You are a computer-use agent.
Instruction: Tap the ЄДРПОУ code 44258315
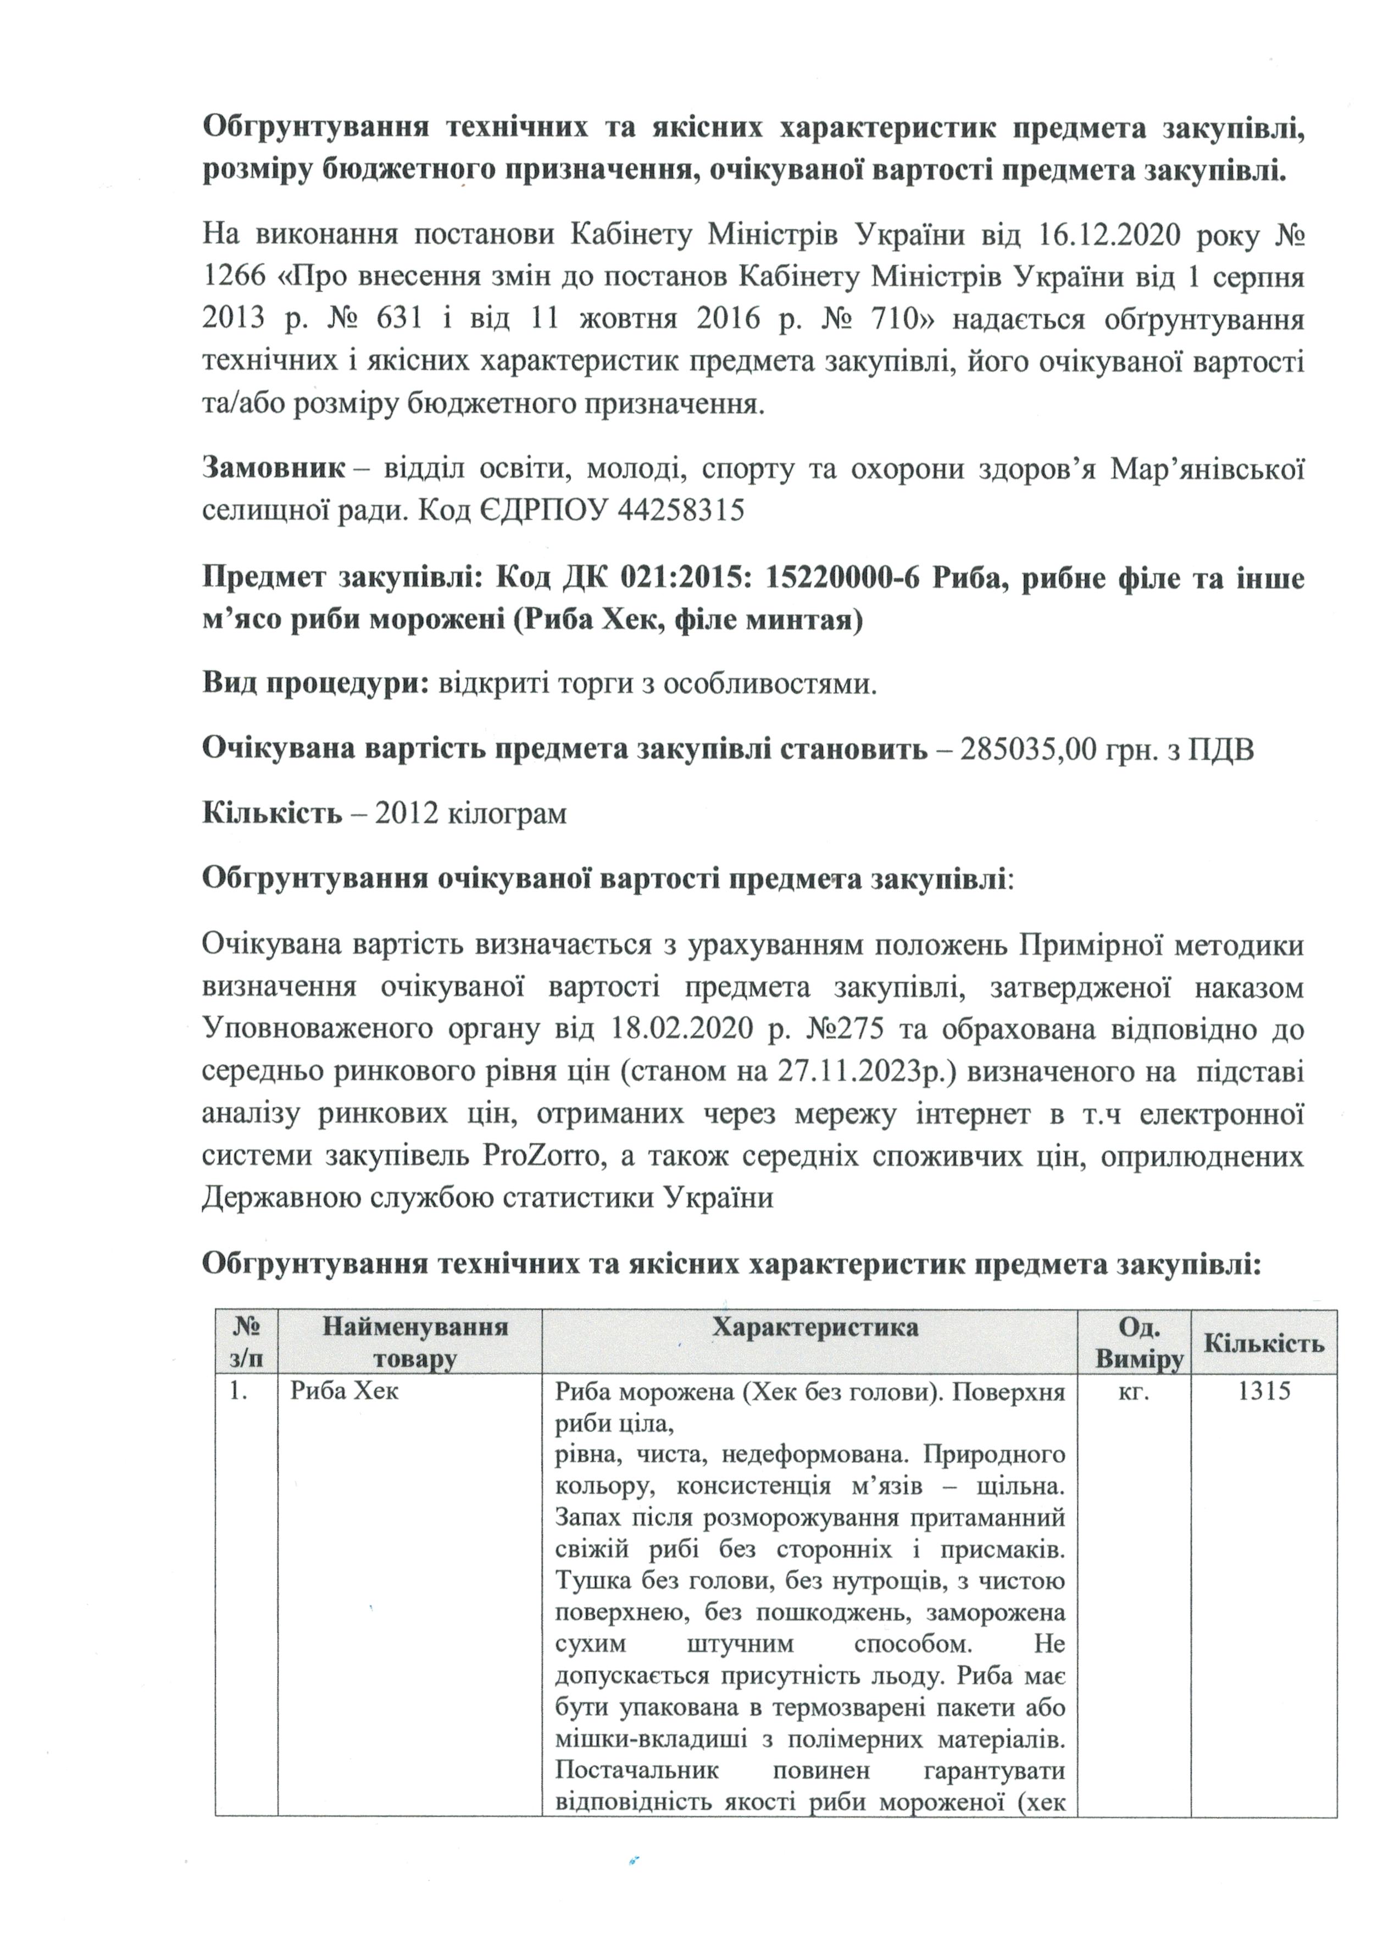pos(681,510)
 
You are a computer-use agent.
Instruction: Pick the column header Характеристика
pos(814,1327)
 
